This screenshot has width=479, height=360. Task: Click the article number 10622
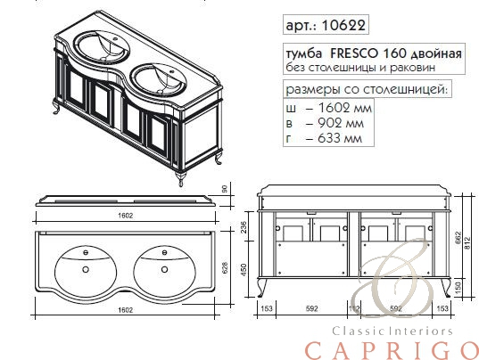pos(343,25)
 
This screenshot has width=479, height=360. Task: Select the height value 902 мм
pos(341,123)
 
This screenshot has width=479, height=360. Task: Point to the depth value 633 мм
pos(340,138)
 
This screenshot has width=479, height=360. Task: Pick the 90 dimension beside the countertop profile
pos(225,189)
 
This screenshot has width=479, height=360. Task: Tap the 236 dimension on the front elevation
pos(244,227)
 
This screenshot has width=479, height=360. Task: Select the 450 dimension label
pos(244,269)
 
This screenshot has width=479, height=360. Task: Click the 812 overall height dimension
pos(467,243)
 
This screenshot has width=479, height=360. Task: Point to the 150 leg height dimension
pos(458,288)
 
